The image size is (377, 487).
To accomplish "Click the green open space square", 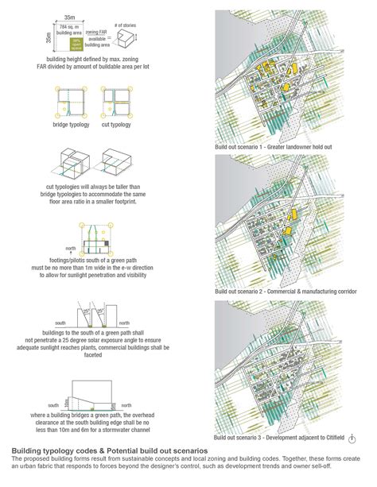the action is click(x=76, y=42).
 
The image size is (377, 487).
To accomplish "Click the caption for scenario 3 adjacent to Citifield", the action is click(x=270, y=439).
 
